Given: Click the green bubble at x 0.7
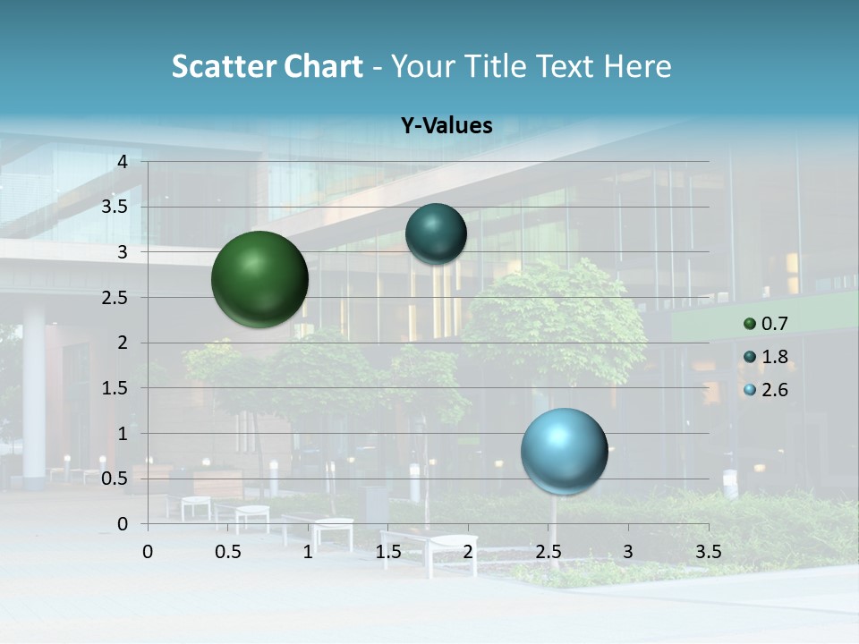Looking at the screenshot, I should (259, 279).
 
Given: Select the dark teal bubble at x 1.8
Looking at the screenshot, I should (436, 234).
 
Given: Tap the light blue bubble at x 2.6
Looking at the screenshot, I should (564, 451).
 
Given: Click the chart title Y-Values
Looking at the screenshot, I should (447, 126).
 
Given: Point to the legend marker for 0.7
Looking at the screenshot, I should (750, 324).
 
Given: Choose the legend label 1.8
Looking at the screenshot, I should (775, 357).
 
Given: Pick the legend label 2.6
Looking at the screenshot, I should (775, 390).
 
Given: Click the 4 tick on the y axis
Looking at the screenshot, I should (123, 161).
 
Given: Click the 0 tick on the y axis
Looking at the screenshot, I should (123, 524).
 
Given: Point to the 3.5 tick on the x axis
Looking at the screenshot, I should (708, 551).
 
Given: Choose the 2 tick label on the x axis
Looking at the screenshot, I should (468, 551).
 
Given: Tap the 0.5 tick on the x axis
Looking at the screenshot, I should (228, 551).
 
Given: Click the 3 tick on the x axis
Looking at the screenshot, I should (628, 551).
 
